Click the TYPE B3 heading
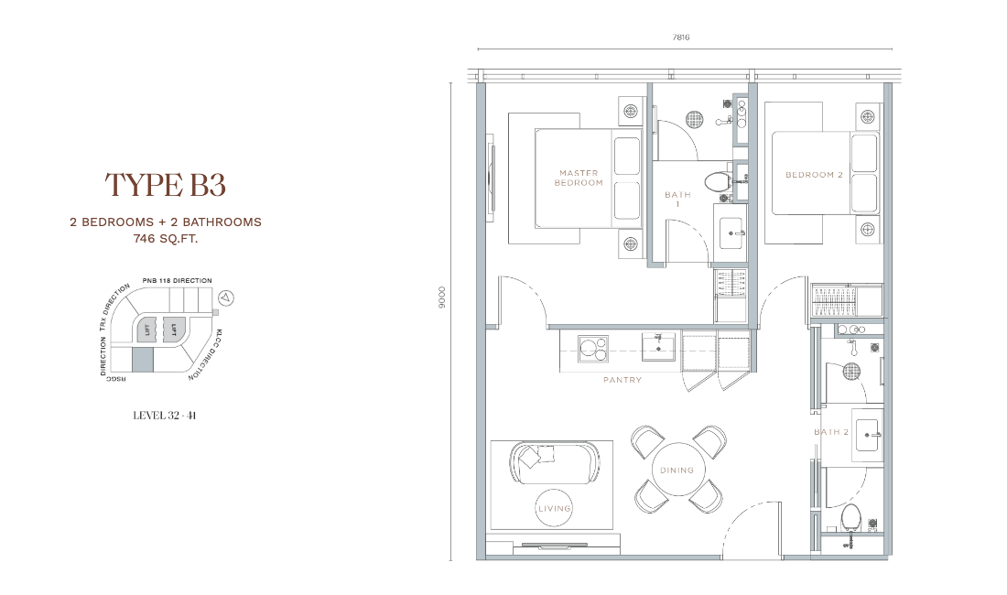(x=165, y=185)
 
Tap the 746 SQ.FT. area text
(x=165, y=240)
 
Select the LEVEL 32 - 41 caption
(x=165, y=416)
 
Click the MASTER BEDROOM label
(x=579, y=178)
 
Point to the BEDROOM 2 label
(x=815, y=175)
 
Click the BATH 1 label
(x=677, y=199)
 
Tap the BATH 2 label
(x=831, y=432)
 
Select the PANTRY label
(x=623, y=380)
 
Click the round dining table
(x=677, y=470)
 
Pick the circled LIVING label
(x=554, y=508)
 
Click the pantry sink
(x=658, y=346)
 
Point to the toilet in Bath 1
(x=718, y=181)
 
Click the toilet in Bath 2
(x=851, y=517)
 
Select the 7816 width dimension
(x=681, y=38)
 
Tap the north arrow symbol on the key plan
(x=225, y=297)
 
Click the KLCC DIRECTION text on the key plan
(x=203, y=355)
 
